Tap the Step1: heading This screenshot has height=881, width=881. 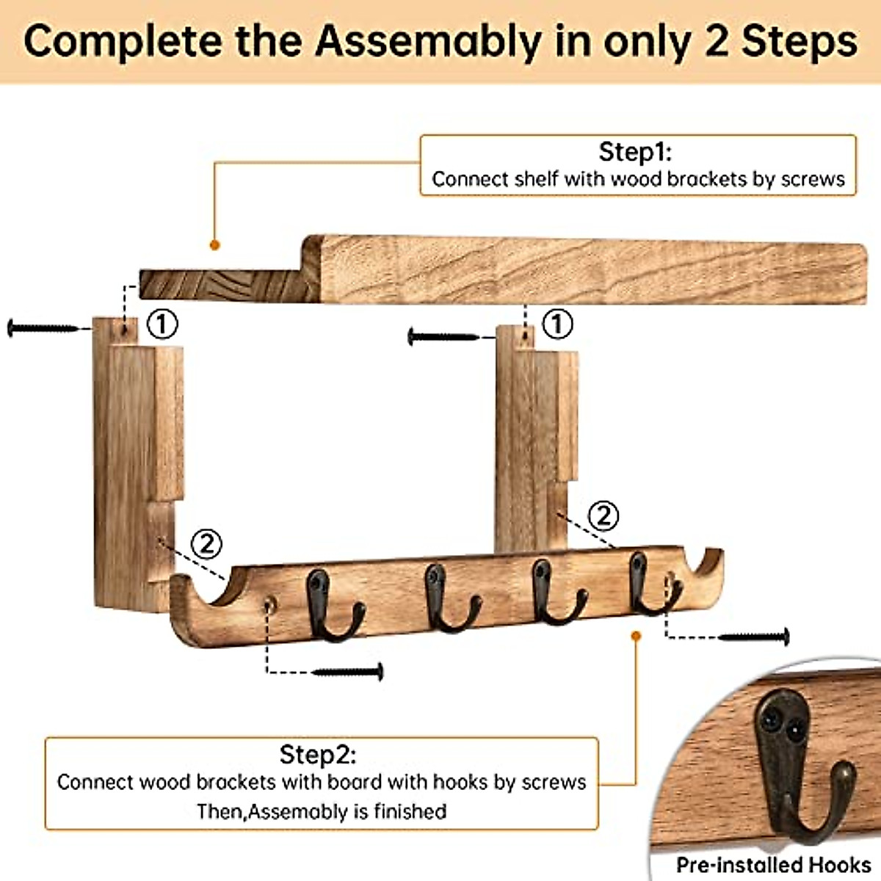click(636, 152)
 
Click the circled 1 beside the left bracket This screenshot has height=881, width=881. click(162, 324)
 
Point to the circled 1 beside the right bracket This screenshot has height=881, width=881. click(556, 324)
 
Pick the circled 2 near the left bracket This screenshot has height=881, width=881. click(206, 544)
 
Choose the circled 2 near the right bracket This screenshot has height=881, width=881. click(603, 516)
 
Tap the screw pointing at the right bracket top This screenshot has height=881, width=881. click(442, 337)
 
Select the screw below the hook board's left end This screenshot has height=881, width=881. click(348, 671)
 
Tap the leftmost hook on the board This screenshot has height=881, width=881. click(330, 606)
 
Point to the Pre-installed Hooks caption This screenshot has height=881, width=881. click(773, 865)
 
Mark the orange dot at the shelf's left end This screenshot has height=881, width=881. click(214, 244)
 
